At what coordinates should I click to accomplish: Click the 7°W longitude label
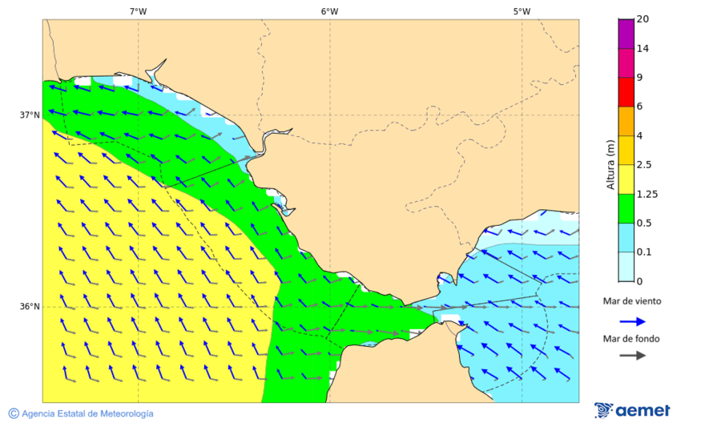tap(138, 11)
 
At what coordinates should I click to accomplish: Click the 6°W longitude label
tap(329, 11)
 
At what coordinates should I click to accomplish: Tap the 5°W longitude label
tap(522, 11)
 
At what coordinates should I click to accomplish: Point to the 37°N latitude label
tap(30, 115)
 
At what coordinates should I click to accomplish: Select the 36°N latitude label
tap(30, 307)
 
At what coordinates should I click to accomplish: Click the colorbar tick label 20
tap(642, 19)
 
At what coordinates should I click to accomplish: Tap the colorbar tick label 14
tap(642, 48)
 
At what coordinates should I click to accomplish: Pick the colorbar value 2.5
tap(644, 165)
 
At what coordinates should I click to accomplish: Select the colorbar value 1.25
tap(646, 194)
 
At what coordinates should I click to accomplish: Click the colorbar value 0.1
tap(644, 252)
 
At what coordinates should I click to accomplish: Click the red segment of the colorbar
tap(626, 91)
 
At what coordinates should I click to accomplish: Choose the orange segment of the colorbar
tap(626, 121)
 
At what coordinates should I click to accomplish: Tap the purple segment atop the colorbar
tap(626, 33)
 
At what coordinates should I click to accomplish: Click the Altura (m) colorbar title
tap(610, 164)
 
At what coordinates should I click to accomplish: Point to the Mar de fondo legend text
tap(632, 338)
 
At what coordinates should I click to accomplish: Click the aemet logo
tap(632, 410)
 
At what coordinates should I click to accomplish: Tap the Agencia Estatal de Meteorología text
tap(87, 413)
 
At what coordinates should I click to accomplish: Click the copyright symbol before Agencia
tap(14, 413)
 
